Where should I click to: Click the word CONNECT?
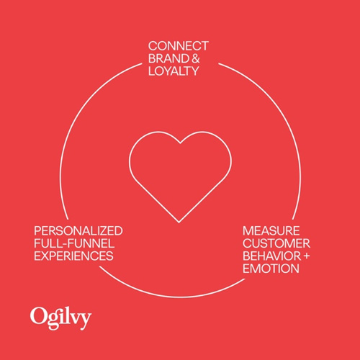click(x=179, y=46)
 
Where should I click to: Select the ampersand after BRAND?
click(x=196, y=58)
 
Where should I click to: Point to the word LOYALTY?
click(x=174, y=71)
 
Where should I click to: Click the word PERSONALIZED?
click(x=78, y=231)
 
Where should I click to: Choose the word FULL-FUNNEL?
click(x=74, y=243)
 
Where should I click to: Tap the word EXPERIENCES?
click(x=73, y=256)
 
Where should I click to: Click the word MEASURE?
click(x=271, y=231)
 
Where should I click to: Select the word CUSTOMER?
click(x=276, y=243)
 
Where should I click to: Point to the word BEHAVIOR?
click(x=271, y=256)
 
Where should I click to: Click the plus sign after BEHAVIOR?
click(x=306, y=256)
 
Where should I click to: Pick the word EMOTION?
click(x=271, y=269)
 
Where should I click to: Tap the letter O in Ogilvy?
click(x=38, y=316)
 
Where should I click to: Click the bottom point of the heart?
click(x=179, y=222)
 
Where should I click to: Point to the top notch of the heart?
click(x=180, y=143)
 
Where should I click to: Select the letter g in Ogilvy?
click(x=53, y=321)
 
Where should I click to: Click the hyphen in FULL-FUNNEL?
click(x=63, y=244)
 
